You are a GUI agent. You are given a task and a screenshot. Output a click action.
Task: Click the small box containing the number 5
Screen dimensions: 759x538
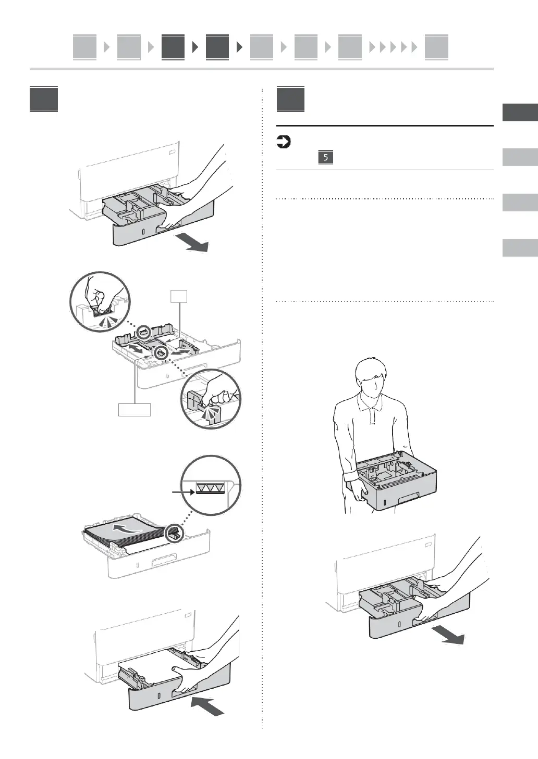click(x=325, y=157)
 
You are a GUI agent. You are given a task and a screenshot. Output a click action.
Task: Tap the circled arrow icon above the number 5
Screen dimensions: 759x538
click(x=283, y=142)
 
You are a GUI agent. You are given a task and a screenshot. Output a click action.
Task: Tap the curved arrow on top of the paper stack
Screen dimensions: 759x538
click(x=127, y=529)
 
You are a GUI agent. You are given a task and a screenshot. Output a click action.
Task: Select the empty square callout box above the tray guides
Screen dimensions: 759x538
click(x=179, y=296)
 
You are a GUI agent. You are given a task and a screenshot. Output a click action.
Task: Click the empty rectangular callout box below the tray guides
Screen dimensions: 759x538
click(x=134, y=410)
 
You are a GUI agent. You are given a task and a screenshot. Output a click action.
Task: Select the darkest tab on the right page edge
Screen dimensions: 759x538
click(x=520, y=112)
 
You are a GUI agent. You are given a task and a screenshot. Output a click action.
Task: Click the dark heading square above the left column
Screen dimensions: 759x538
click(x=43, y=99)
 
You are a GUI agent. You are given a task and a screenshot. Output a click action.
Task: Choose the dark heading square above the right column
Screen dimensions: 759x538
click(x=290, y=99)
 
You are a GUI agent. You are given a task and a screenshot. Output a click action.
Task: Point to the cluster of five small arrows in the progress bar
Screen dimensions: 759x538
click(x=393, y=47)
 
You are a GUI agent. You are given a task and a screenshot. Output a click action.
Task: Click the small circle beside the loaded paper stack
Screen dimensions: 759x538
click(x=174, y=533)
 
